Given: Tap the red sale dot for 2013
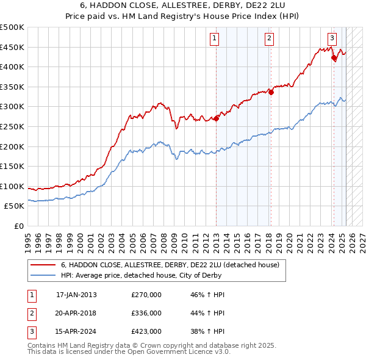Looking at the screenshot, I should point(216,118).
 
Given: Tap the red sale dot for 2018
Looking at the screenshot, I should point(271,92).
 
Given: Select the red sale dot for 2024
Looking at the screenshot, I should point(334,58).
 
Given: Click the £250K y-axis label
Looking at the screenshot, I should point(13,126).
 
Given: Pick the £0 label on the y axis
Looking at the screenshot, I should point(18,226).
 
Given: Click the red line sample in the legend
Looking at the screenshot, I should point(43,265).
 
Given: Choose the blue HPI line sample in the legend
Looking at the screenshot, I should point(43,275).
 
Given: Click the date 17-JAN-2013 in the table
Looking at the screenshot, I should point(76,295).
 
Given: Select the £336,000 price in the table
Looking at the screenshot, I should point(146,313).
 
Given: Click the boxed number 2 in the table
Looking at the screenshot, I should point(31,313).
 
